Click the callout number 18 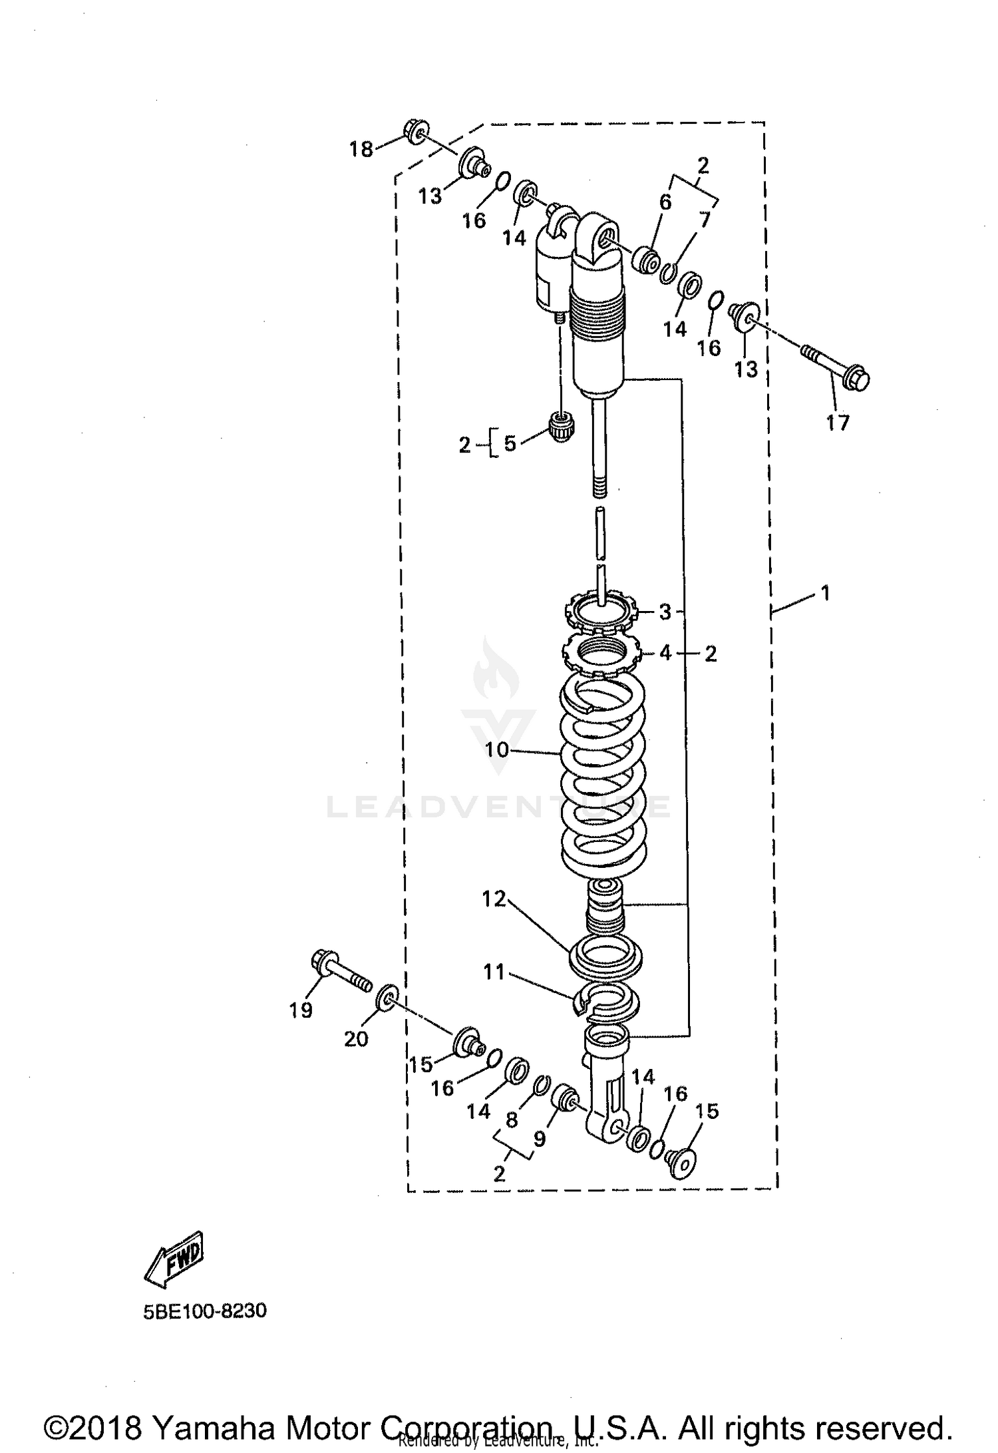click(x=361, y=149)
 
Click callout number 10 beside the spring click(x=496, y=750)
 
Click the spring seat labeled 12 click(x=607, y=956)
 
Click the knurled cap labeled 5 click(x=562, y=427)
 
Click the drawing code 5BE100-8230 click(x=205, y=1311)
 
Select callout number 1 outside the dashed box click(x=826, y=592)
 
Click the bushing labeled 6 click(x=645, y=260)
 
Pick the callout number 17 click(x=838, y=422)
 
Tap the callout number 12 click(x=494, y=899)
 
